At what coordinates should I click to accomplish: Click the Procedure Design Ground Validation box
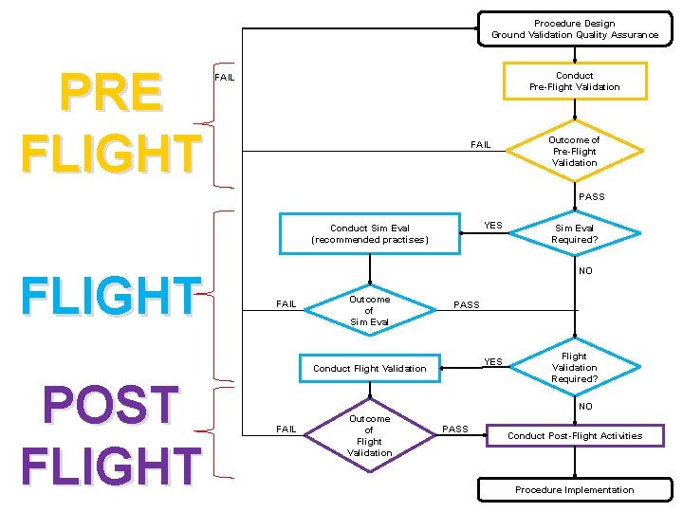(x=574, y=29)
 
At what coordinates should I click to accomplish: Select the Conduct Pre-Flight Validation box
(x=574, y=82)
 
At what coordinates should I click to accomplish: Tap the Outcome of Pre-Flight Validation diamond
(x=574, y=151)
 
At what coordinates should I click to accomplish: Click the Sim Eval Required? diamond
(x=574, y=233)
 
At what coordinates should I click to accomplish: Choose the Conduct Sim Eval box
(x=370, y=234)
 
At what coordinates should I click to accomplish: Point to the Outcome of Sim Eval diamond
(x=369, y=310)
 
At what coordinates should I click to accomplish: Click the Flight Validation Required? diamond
(x=574, y=368)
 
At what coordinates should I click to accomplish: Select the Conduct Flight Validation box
(x=370, y=368)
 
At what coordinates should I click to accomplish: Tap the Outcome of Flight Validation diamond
(x=369, y=435)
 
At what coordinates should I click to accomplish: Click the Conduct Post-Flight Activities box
(x=574, y=436)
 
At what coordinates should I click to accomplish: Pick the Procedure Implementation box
(x=574, y=489)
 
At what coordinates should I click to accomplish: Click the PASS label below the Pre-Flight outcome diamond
(x=591, y=197)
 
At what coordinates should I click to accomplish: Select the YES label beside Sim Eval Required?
(x=493, y=226)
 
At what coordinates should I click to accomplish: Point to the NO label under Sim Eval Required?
(x=585, y=271)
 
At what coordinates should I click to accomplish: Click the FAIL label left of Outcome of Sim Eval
(x=286, y=304)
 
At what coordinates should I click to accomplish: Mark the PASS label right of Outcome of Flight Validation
(x=455, y=430)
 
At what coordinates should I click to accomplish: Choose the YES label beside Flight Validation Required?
(x=493, y=361)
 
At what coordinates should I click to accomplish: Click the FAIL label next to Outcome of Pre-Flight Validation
(x=481, y=145)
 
